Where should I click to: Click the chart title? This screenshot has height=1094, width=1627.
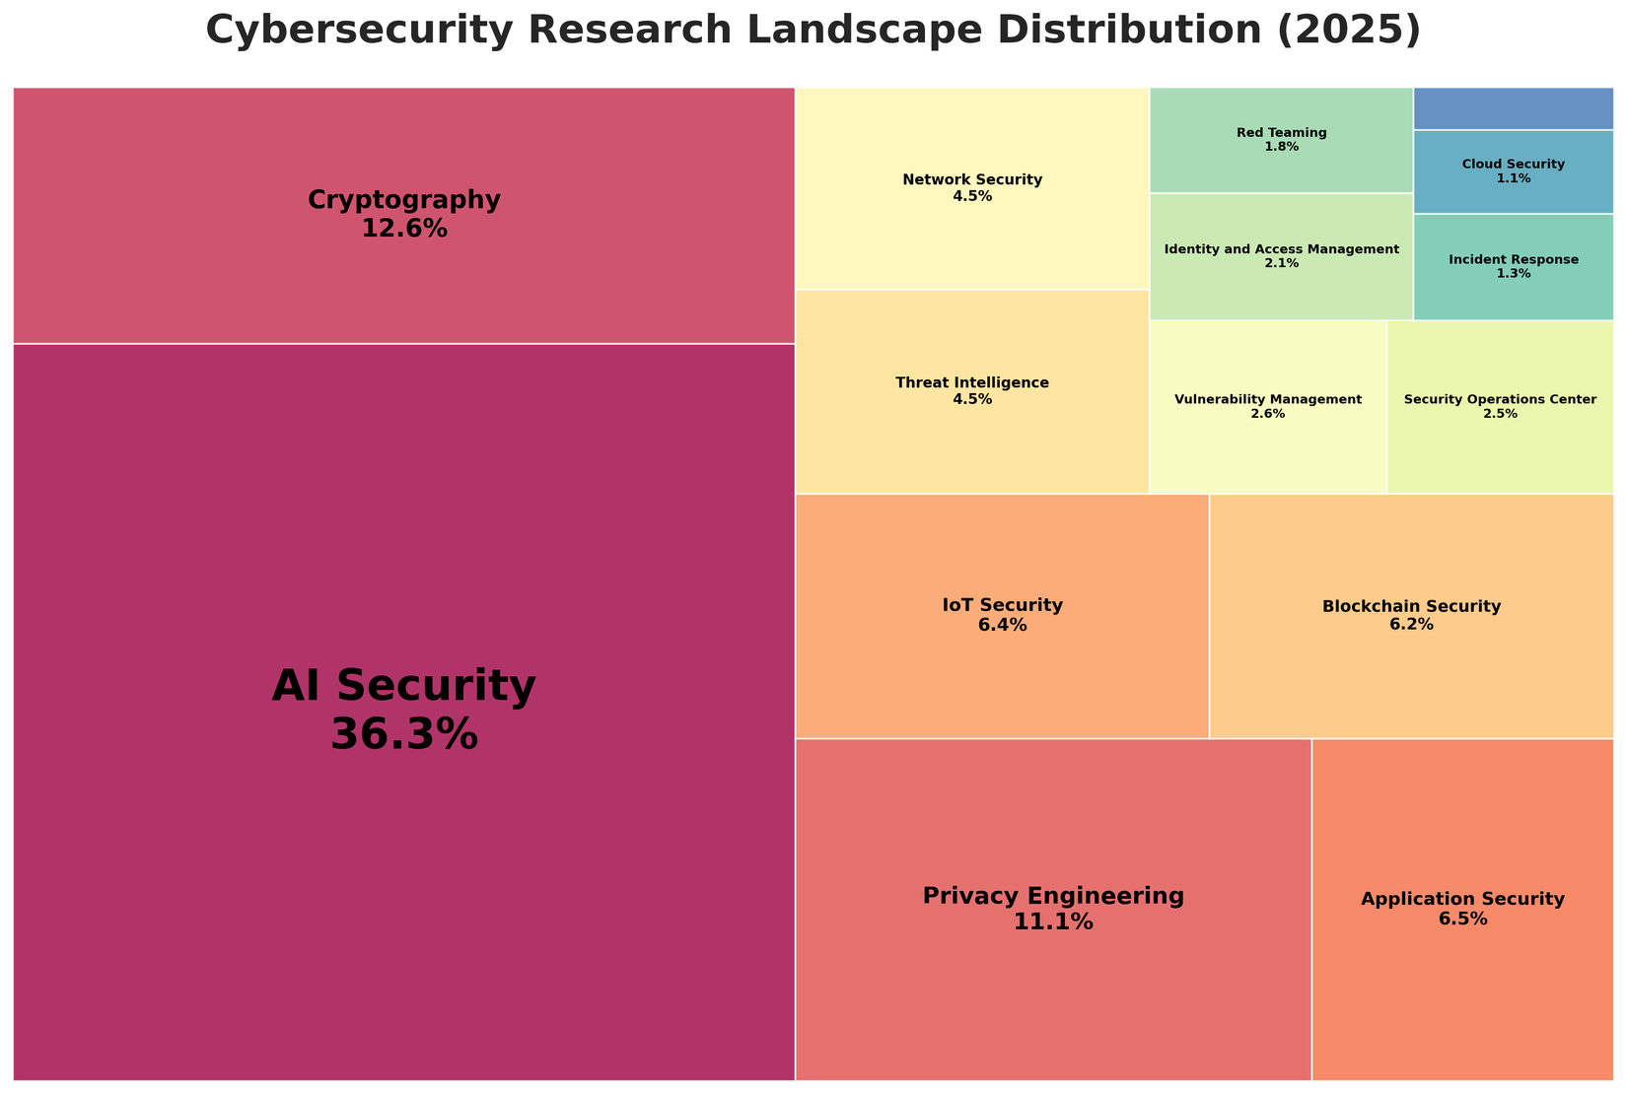(813, 31)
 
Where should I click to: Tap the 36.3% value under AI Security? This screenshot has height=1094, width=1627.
(404, 734)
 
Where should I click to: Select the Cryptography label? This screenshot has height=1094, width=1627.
(404, 200)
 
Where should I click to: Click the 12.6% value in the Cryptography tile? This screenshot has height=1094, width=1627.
(404, 229)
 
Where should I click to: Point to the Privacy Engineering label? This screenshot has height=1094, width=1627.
(1053, 896)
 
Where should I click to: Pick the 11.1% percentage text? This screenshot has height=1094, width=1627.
(1053, 923)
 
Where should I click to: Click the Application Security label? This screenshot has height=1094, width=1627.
(1462, 899)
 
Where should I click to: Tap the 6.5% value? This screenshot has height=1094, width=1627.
(1462, 920)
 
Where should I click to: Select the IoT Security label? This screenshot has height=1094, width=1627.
(1002, 605)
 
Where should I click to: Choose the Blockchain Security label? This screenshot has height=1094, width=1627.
(1411, 606)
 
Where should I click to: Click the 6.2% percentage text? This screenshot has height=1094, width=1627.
(1411, 625)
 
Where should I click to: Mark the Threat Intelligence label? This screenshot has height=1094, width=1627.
(972, 382)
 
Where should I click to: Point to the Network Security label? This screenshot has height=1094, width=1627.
(972, 179)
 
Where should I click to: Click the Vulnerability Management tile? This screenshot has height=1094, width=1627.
(1268, 407)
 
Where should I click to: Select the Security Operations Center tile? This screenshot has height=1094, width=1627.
(1500, 407)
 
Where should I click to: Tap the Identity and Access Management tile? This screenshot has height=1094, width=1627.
(1281, 256)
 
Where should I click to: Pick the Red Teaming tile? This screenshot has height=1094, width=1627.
(1281, 139)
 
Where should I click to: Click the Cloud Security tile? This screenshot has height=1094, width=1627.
(1514, 171)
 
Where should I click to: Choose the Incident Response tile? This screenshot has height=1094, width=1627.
(1514, 267)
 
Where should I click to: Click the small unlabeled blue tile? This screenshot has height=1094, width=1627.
(1514, 108)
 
